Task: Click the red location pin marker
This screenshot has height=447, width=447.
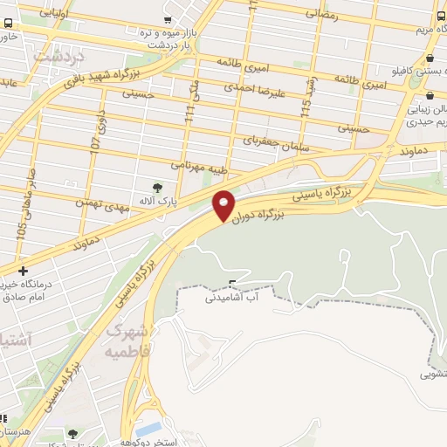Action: click(x=223, y=204)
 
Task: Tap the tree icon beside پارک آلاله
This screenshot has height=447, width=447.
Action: click(x=157, y=187)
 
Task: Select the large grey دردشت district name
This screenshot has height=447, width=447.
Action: click(x=58, y=53)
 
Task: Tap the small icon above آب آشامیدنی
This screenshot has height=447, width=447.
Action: click(x=231, y=281)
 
